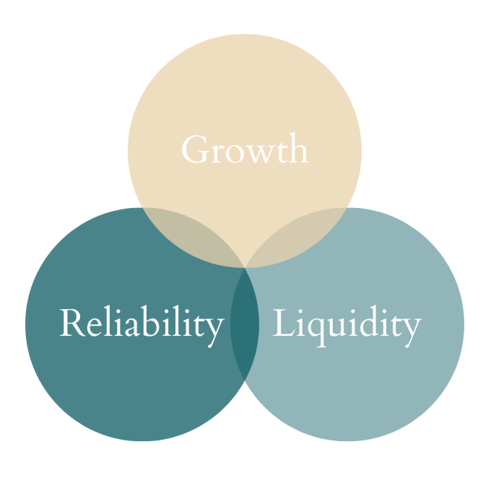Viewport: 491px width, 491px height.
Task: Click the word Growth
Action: click(x=245, y=149)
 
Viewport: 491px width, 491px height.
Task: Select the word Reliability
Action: click(x=142, y=324)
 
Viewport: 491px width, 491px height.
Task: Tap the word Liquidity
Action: click(x=347, y=324)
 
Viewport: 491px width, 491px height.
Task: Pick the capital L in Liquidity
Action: click(x=282, y=323)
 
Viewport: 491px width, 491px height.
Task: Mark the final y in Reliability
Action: click(x=214, y=329)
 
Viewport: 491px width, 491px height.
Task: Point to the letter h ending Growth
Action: click(x=299, y=148)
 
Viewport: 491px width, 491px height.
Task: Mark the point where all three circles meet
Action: click(x=245, y=269)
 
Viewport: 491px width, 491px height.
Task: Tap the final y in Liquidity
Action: click(x=412, y=329)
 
